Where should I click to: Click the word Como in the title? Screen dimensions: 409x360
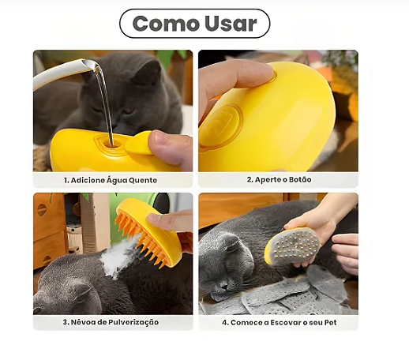pyautogui.click(x=166, y=24)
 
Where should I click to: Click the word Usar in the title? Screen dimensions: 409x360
pyautogui.click(x=231, y=24)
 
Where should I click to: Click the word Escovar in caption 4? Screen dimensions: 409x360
pyautogui.click(x=288, y=323)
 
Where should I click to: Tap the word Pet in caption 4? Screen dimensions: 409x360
pyautogui.click(x=330, y=323)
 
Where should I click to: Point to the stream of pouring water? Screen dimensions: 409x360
pyautogui.click(x=104, y=100)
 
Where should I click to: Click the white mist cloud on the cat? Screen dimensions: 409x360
pyautogui.click(x=118, y=257)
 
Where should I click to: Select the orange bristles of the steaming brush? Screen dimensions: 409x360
pyautogui.click(x=140, y=241)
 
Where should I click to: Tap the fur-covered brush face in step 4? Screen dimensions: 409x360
pyautogui.click(x=295, y=246)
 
